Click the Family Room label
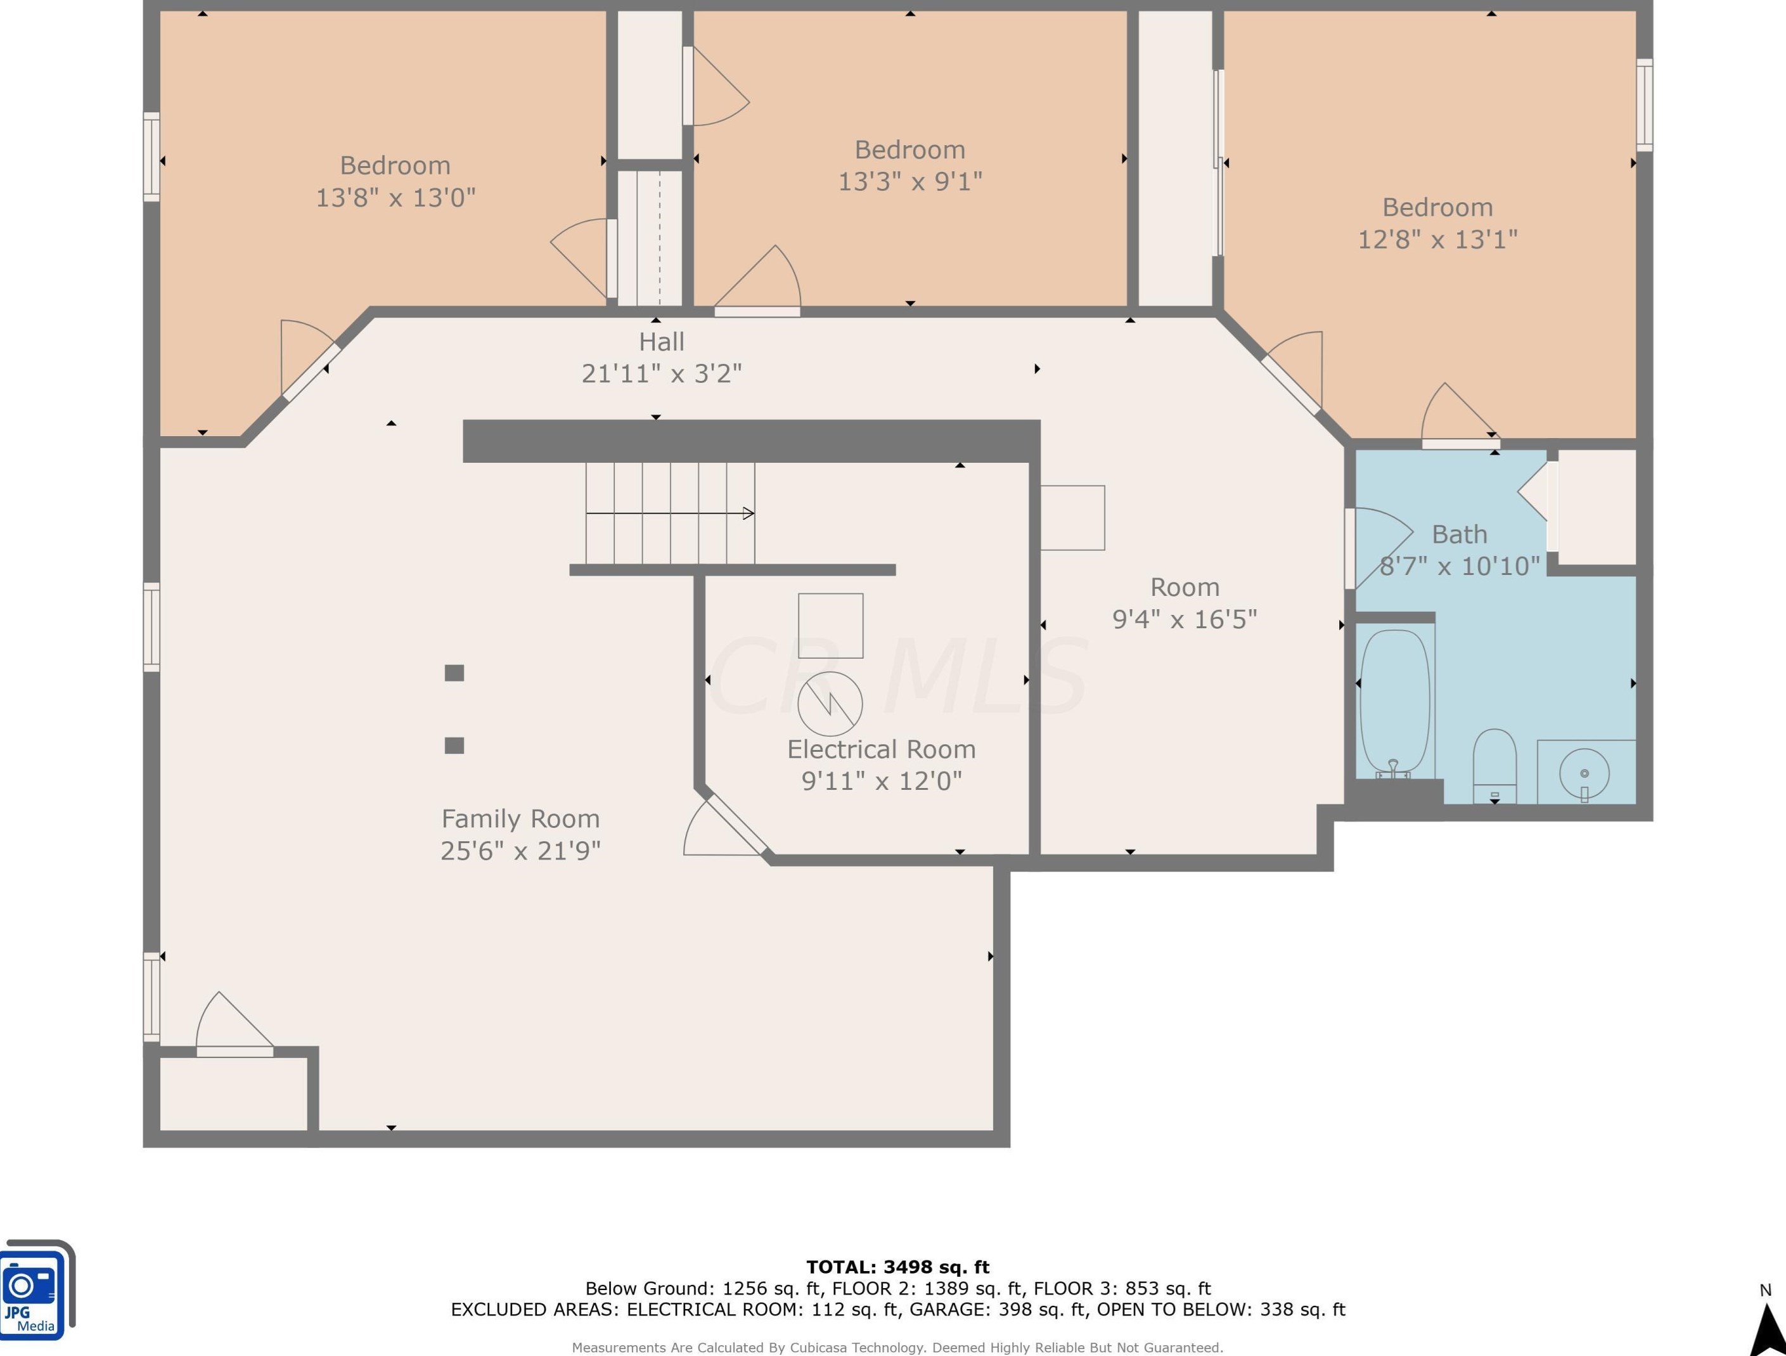521,819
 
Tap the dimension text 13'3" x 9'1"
910,182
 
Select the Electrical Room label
882,749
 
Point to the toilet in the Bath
1494,766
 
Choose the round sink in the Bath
1584,773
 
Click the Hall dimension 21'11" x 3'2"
662,374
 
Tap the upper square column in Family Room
454,673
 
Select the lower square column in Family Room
454,746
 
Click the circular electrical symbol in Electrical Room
830,704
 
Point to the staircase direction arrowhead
748,513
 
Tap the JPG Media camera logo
36,1289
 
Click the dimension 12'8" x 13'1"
1437,240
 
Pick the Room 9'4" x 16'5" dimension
1185,619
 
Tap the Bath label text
1459,534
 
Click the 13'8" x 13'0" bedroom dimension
395,198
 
